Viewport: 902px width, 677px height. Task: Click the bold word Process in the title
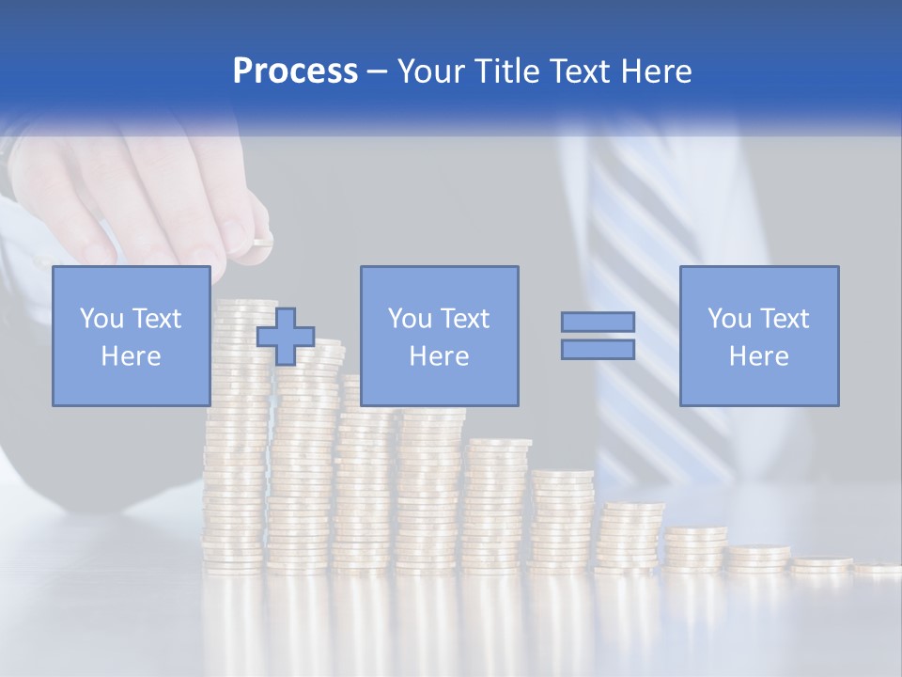[x=295, y=71]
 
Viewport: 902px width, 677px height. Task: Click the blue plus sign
[x=286, y=336]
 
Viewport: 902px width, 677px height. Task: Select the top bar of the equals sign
[x=598, y=322]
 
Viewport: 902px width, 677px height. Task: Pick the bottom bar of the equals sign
[x=598, y=350]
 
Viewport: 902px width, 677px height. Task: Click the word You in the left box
[x=101, y=319]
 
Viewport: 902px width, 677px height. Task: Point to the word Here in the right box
[x=758, y=356]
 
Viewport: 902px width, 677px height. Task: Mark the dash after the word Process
[x=377, y=71]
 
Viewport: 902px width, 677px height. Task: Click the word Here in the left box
[x=131, y=356]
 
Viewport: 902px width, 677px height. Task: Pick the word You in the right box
[x=729, y=319]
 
